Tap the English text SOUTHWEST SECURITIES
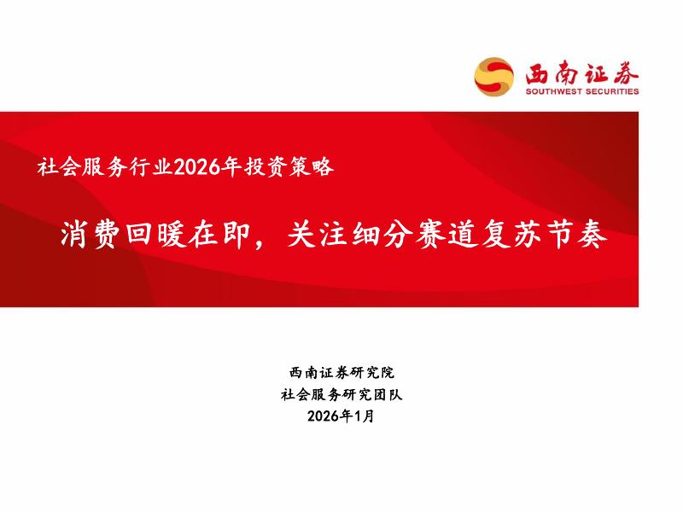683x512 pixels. point(581,91)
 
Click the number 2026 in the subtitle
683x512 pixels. point(196,166)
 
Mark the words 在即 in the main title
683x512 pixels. point(214,235)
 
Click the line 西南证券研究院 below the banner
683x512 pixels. point(341,373)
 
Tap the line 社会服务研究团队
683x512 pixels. point(341,395)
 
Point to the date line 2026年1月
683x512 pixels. point(341,417)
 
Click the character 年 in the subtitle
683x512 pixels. point(226,166)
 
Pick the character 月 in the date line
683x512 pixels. point(368,417)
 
